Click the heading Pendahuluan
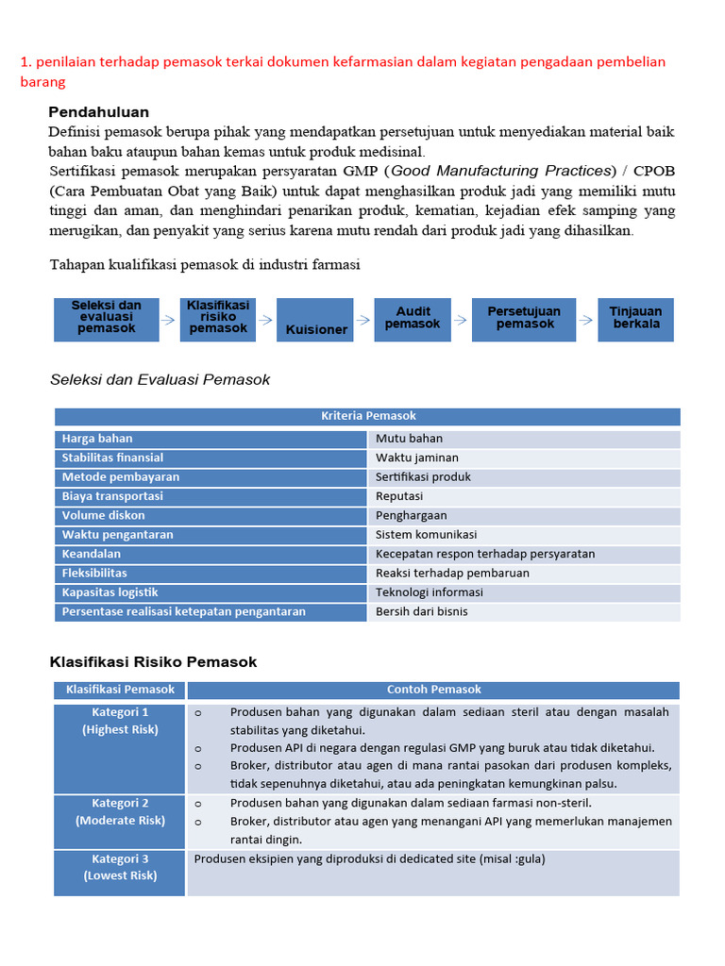pyautogui.click(x=98, y=112)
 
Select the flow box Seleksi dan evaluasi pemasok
pyautogui.click(x=106, y=318)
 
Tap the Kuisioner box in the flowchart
pyautogui.click(x=315, y=320)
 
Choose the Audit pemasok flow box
pyautogui.click(x=413, y=319)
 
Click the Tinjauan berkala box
pyautogui.click(x=636, y=319)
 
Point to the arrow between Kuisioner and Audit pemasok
pyautogui.click(x=363, y=320)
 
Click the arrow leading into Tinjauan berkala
pyautogui.click(x=586, y=320)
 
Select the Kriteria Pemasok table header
pyautogui.click(x=367, y=416)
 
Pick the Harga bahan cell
pyautogui.click(x=211, y=439)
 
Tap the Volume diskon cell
pyautogui.click(x=211, y=516)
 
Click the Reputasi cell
pyautogui.click(x=524, y=496)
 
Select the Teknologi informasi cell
pyautogui.click(x=524, y=592)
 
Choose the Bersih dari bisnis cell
pyautogui.click(x=524, y=611)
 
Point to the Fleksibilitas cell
pyautogui.click(x=211, y=574)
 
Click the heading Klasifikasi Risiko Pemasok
pyautogui.click(x=153, y=662)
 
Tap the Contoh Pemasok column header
pyautogui.click(x=433, y=690)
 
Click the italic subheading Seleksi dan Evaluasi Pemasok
pyautogui.click(x=160, y=380)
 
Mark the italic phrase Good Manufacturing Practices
pyautogui.click(x=501, y=171)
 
